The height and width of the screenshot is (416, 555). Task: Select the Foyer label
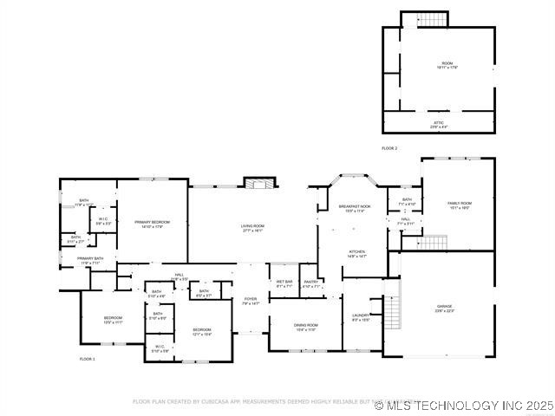(251, 301)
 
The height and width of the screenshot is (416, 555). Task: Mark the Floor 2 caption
(389, 149)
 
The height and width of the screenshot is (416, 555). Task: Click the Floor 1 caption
(87, 359)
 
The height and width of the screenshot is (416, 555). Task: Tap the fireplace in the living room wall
(258, 183)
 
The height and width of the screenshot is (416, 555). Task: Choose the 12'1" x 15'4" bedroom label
(201, 332)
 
